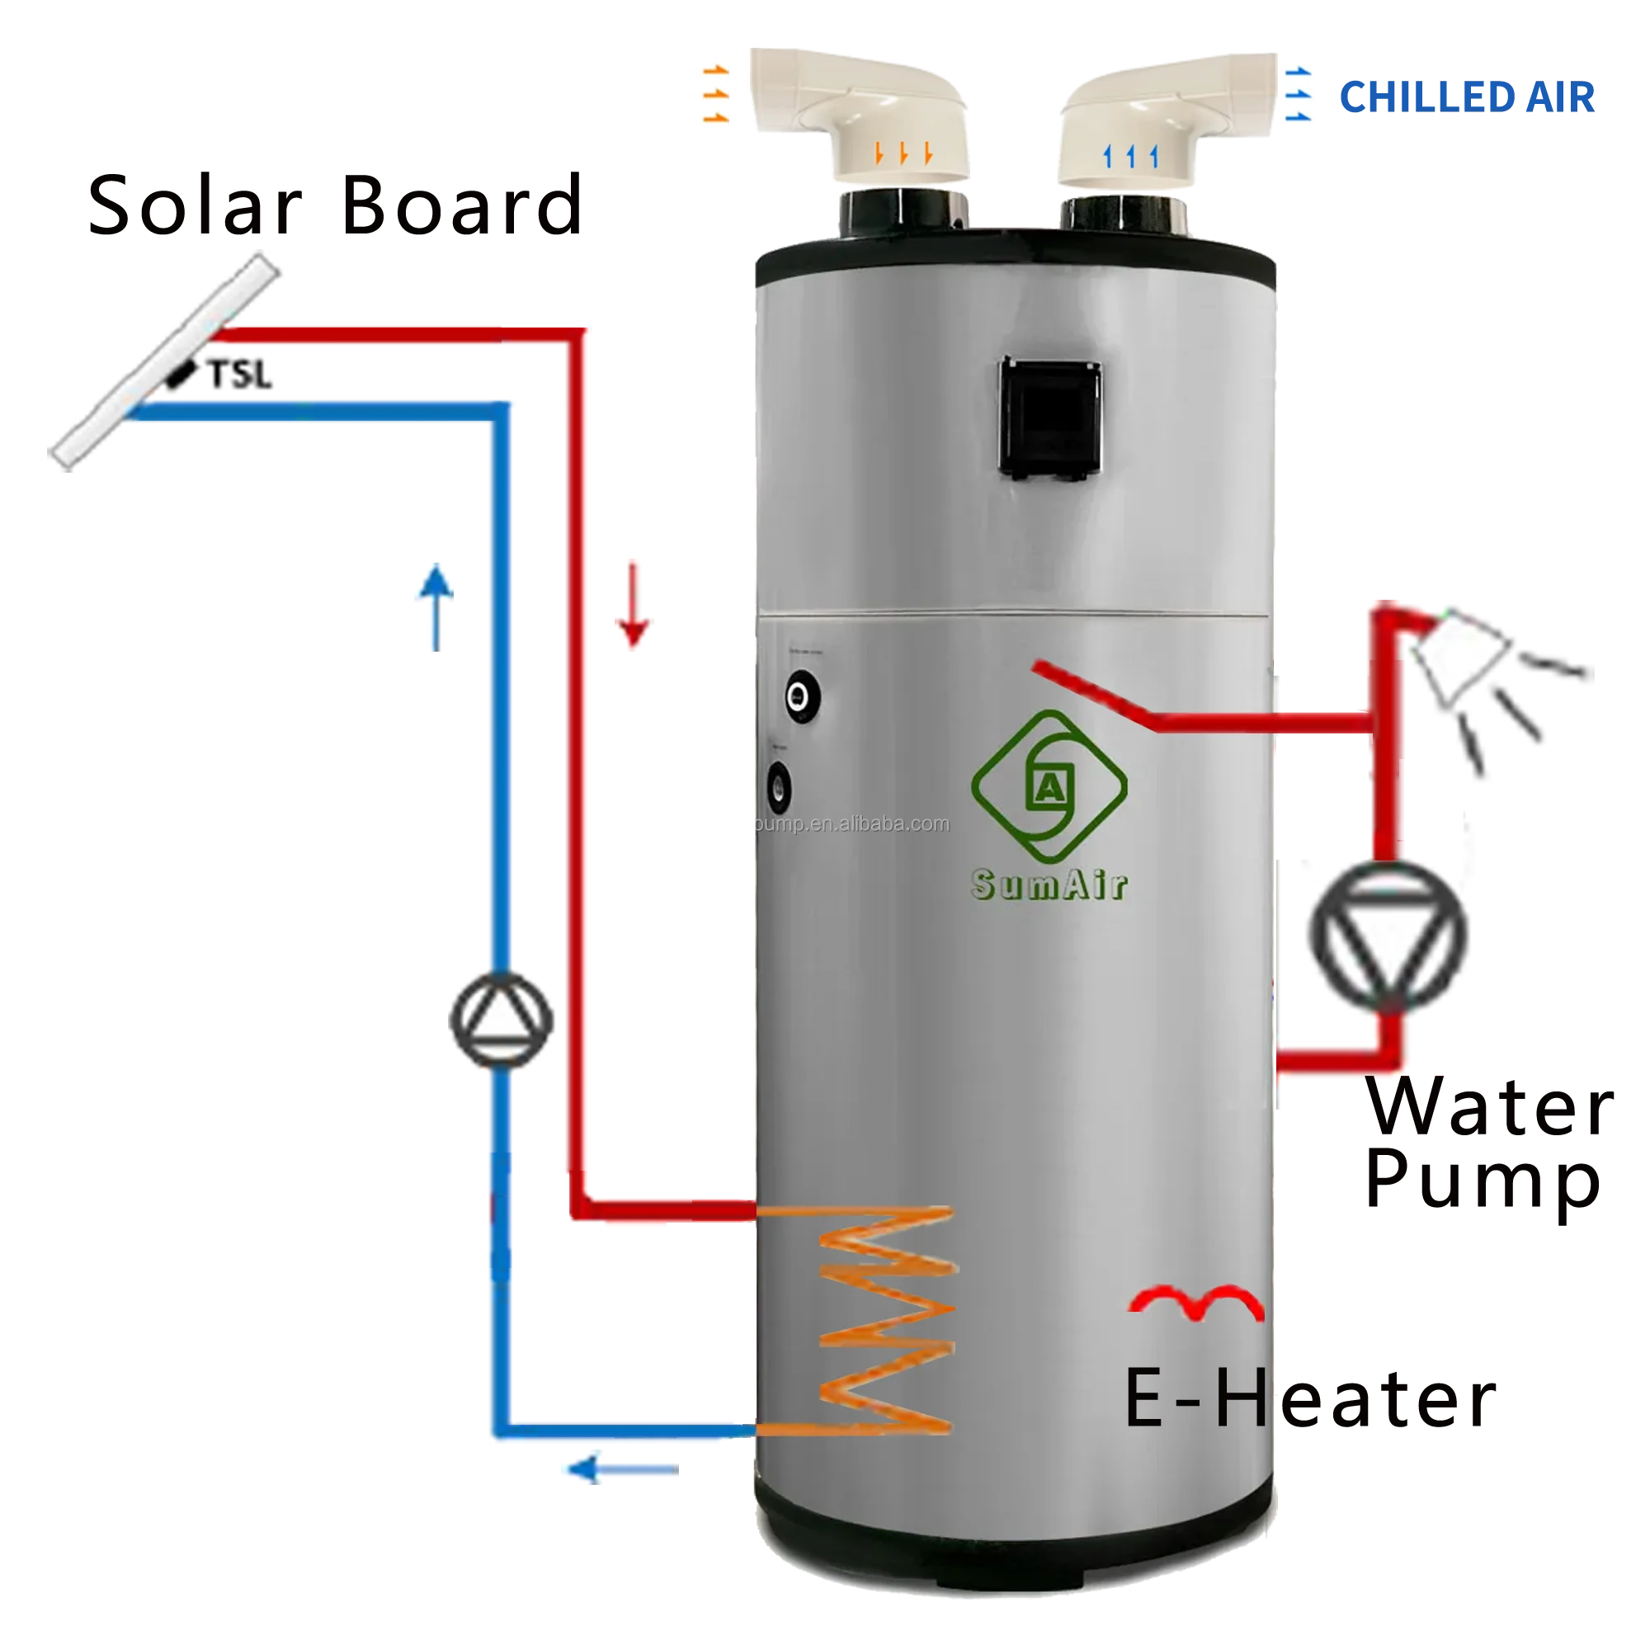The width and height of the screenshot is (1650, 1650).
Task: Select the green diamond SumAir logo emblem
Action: (1049, 786)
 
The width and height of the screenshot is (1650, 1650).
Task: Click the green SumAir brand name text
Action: (1049, 884)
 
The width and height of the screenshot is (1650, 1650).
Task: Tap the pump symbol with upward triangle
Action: (502, 1019)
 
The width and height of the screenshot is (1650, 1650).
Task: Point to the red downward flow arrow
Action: (633, 603)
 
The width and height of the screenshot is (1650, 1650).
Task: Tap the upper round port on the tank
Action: (801, 696)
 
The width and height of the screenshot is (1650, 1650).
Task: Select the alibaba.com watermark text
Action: (854, 824)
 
